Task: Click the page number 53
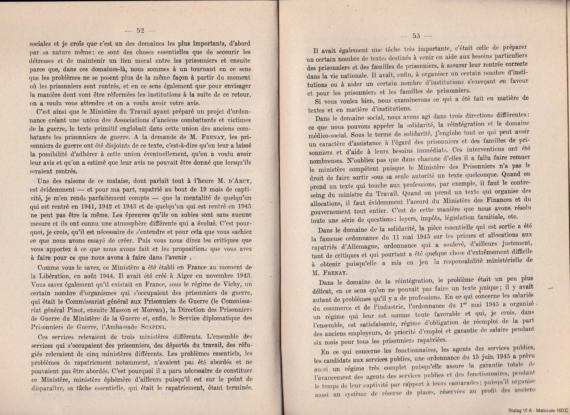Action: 416,35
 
